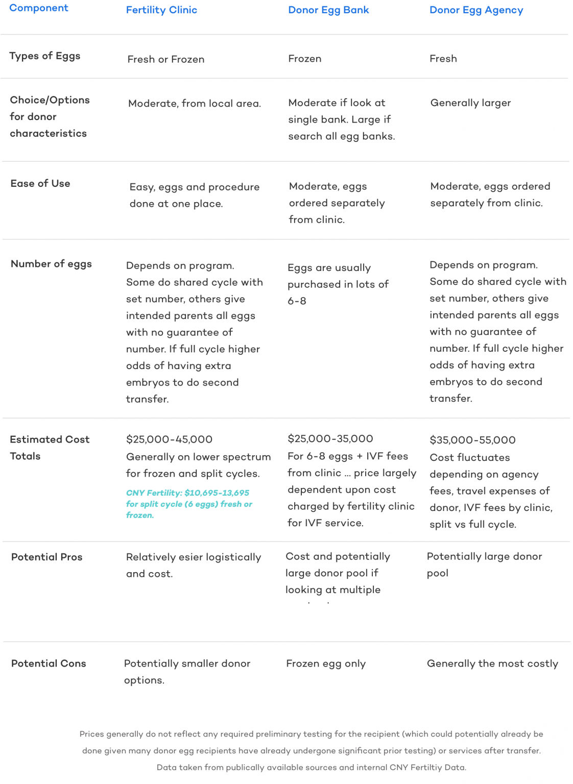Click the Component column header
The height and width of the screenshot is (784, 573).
(x=39, y=8)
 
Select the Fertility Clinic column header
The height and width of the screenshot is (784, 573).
(x=161, y=10)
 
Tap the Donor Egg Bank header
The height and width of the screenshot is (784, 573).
(x=328, y=10)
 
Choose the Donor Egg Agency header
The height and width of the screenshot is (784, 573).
(x=476, y=10)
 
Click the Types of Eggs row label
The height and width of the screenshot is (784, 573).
(x=45, y=56)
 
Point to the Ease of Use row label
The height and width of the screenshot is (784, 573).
(x=40, y=184)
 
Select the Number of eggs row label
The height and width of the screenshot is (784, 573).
(x=51, y=264)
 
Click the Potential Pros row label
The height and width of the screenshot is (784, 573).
(x=46, y=557)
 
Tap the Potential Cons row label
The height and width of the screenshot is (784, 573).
(x=49, y=664)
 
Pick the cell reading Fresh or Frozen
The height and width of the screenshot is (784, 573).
(x=166, y=59)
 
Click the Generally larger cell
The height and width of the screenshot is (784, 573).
(x=470, y=103)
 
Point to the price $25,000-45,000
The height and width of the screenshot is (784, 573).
(x=169, y=439)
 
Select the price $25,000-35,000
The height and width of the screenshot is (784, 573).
(x=330, y=439)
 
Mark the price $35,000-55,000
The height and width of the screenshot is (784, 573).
(x=472, y=440)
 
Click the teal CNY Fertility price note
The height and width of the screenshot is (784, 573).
(x=189, y=504)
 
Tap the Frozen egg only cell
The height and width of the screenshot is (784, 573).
(x=326, y=664)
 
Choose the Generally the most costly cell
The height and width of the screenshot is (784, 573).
(x=492, y=664)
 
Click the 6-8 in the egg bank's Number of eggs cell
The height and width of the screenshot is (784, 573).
(x=297, y=301)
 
